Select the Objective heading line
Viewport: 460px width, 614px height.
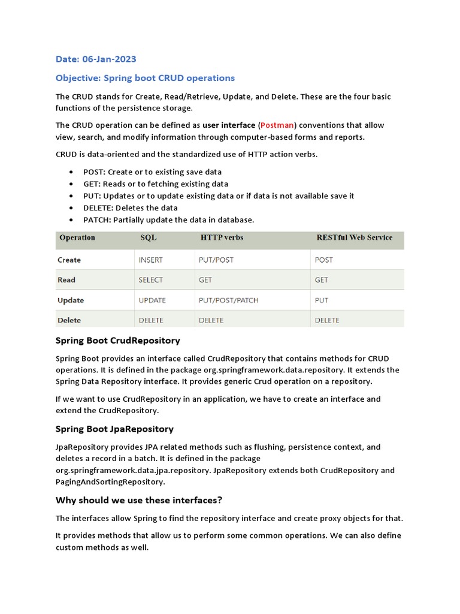pyautogui.click(x=145, y=78)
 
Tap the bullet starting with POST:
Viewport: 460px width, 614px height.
pyautogui.click(x=153, y=172)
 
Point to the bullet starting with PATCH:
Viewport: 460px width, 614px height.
pyautogui.click(x=168, y=219)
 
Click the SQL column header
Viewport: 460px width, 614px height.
pyautogui.click(x=149, y=237)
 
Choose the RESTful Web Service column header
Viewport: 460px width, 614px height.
pyautogui.click(x=354, y=237)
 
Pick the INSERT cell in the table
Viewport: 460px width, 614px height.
pyautogui.click(x=150, y=260)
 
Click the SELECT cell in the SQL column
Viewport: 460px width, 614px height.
pyautogui.click(x=150, y=280)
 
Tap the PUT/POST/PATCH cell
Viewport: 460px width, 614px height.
pyautogui.click(x=228, y=300)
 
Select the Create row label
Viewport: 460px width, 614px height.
pyautogui.click(x=69, y=260)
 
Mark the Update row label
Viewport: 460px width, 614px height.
pyautogui.click(x=71, y=300)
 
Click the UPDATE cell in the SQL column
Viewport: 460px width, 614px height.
pyautogui.click(x=152, y=300)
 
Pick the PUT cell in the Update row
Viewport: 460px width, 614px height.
pyautogui.click(x=322, y=300)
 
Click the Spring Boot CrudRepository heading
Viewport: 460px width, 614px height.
pyautogui.click(x=117, y=341)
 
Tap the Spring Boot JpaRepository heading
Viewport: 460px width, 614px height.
pyautogui.click(x=114, y=429)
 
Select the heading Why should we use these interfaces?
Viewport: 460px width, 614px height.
pyautogui.click(x=139, y=500)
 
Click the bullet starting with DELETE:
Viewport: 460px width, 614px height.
pyautogui.click(x=131, y=207)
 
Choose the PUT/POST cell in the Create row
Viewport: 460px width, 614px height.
pyautogui.click(x=216, y=260)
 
